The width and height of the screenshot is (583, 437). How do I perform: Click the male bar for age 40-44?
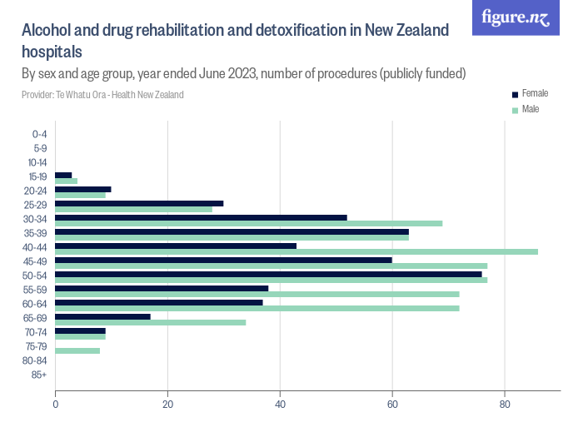pyautogui.click(x=296, y=251)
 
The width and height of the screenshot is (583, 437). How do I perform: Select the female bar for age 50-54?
pyautogui.click(x=268, y=273)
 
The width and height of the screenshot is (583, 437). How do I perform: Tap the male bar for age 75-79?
pyautogui.click(x=77, y=350)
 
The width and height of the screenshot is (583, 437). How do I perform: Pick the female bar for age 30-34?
pyautogui.click(x=201, y=216)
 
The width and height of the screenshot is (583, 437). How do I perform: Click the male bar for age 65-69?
pyautogui.click(x=151, y=322)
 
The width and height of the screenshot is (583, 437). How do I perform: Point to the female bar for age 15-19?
pyautogui.click(x=63, y=175)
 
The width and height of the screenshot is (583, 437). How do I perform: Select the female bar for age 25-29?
pyautogui.click(x=139, y=202)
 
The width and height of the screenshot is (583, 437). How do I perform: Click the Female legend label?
pyautogui.click(x=535, y=93)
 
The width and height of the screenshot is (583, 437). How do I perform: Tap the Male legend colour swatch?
pyautogui.click(x=516, y=110)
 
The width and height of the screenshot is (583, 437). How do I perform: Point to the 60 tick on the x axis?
pyautogui.click(x=392, y=405)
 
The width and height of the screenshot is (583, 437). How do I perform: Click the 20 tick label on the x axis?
pyautogui.click(x=167, y=405)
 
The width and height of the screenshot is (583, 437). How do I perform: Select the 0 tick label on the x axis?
pyautogui.click(x=56, y=405)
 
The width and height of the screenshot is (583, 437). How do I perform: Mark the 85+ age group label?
pyautogui.click(x=39, y=375)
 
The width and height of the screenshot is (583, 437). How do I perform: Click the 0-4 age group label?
pyautogui.click(x=39, y=134)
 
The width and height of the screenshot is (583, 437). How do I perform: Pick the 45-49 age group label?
pyautogui.click(x=37, y=261)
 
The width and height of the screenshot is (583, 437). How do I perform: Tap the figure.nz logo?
pyautogui.click(x=516, y=17)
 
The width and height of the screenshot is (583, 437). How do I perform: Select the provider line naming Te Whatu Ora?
pyautogui.click(x=102, y=95)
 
